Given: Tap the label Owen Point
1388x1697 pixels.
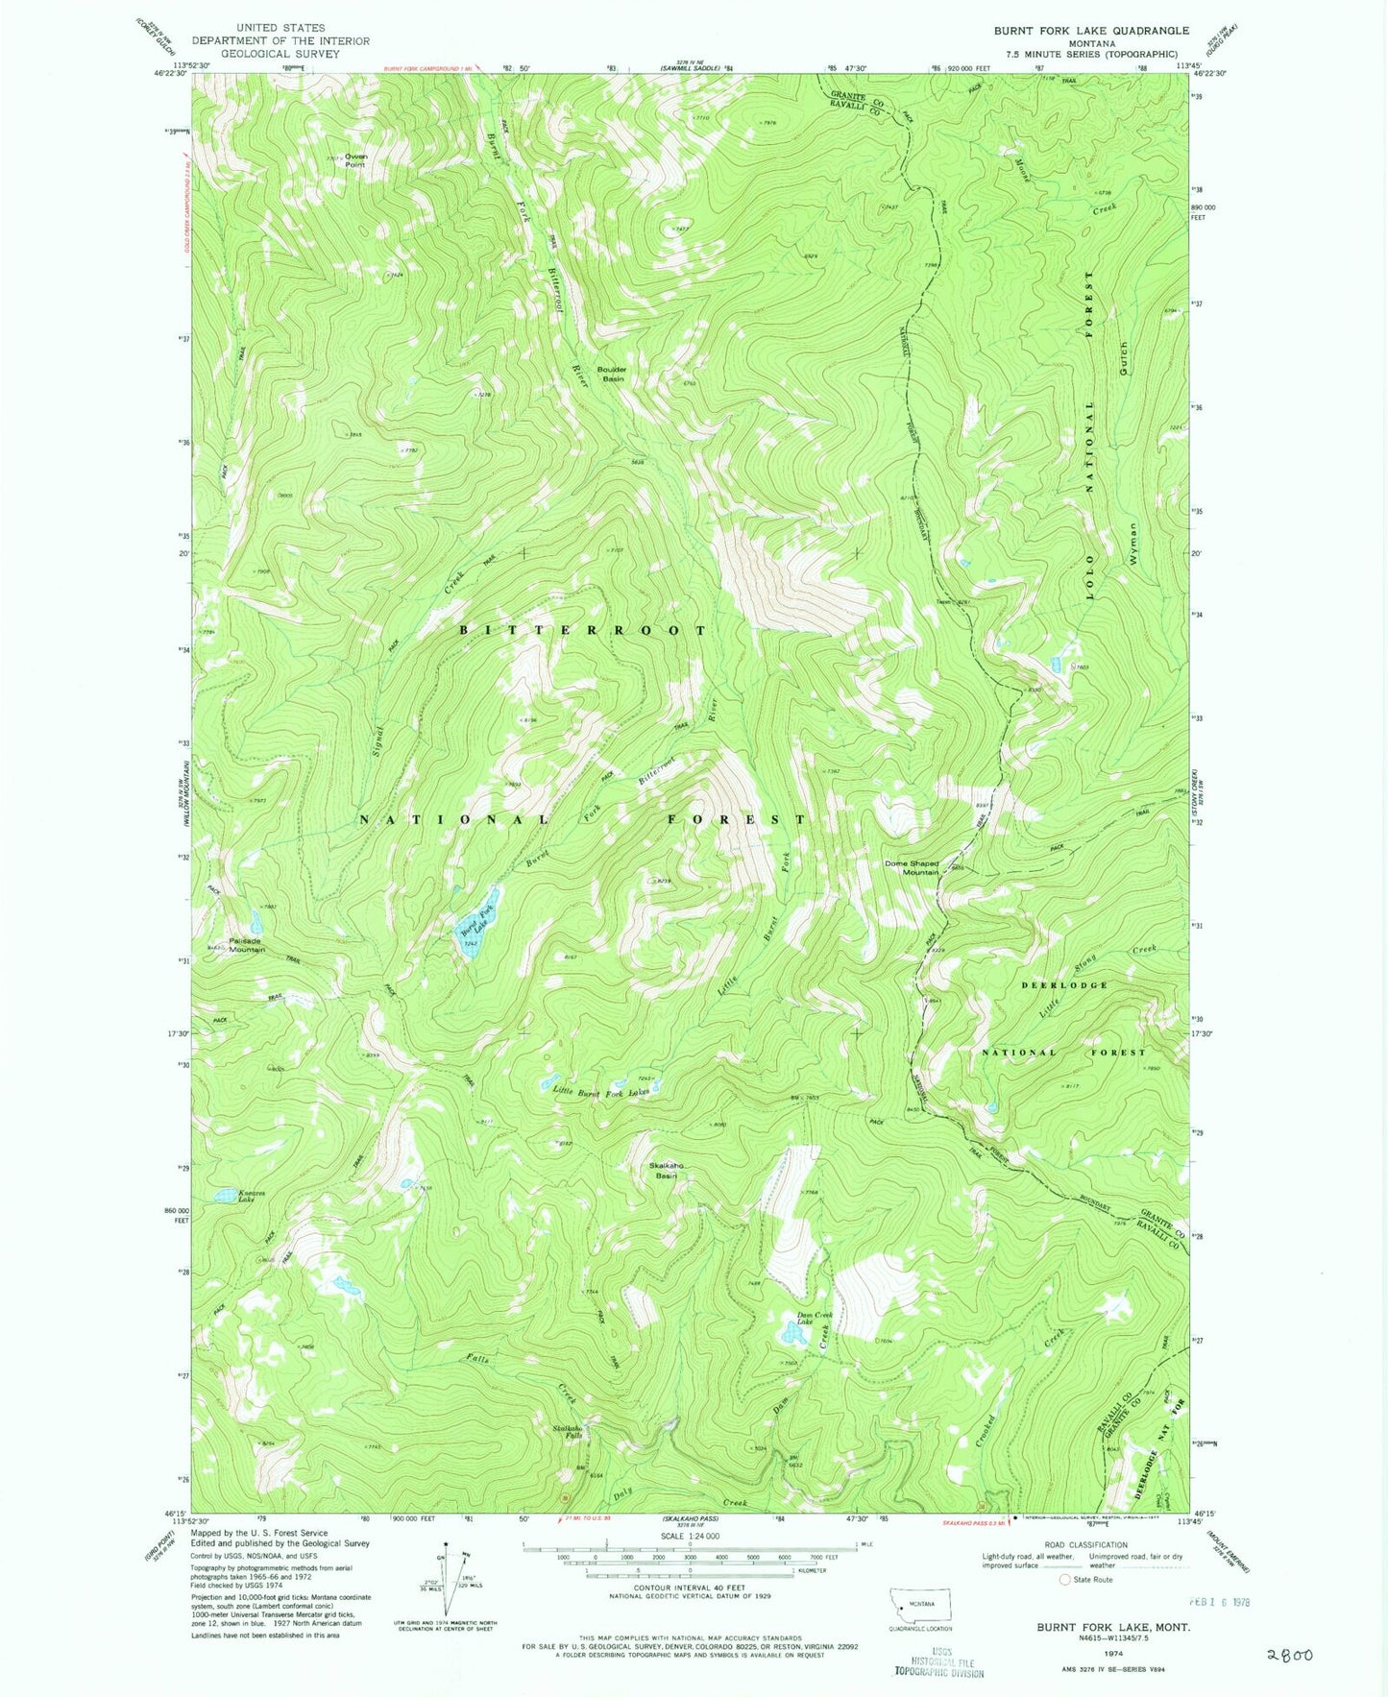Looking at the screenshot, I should click(356, 159).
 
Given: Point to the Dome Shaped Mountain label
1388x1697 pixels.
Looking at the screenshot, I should click(911, 867).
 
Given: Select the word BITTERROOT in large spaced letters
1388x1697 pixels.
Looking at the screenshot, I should click(583, 630).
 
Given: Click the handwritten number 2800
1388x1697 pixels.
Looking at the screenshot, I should click(1289, 1655).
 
